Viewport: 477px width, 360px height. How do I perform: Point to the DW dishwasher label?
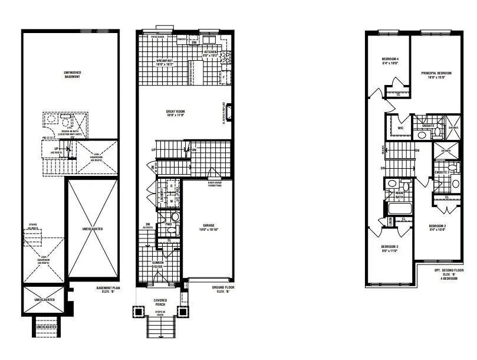194,42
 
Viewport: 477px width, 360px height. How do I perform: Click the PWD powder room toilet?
166,217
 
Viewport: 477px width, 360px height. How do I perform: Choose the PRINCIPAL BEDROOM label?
436,75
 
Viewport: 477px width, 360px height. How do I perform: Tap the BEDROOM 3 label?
390,248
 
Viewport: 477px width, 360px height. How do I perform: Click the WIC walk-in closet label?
400,127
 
